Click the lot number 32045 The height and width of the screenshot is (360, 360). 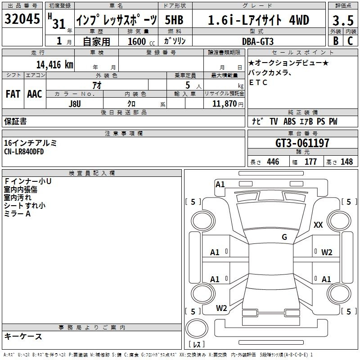click(22, 18)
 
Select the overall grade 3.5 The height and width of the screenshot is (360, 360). click(343, 21)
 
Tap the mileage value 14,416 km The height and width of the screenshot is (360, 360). click(55, 64)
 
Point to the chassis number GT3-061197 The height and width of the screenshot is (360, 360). click(302, 143)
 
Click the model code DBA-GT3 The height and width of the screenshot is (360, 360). click(258, 41)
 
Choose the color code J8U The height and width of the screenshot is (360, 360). click(75, 104)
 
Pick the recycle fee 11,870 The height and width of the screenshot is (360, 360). click(224, 104)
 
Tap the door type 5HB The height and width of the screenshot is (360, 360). click(174, 20)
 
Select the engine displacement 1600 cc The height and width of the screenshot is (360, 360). click(141, 41)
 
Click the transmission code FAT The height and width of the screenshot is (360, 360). click(13, 94)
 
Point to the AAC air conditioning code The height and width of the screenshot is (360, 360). click(35, 94)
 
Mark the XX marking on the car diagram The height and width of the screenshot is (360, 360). click(318, 225)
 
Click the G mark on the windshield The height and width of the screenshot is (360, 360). click(284, 237)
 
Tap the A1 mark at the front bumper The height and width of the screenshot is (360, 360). click(220, 184)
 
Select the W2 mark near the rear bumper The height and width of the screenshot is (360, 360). click(221, 308)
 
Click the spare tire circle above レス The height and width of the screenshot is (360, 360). click(197, 328)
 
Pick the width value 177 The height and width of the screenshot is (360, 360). click(310, 162)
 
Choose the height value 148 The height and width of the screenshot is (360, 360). click(346, 162)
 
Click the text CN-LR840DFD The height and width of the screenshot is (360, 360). click(24, 152)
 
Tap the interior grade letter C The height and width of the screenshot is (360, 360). click(350, 41)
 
